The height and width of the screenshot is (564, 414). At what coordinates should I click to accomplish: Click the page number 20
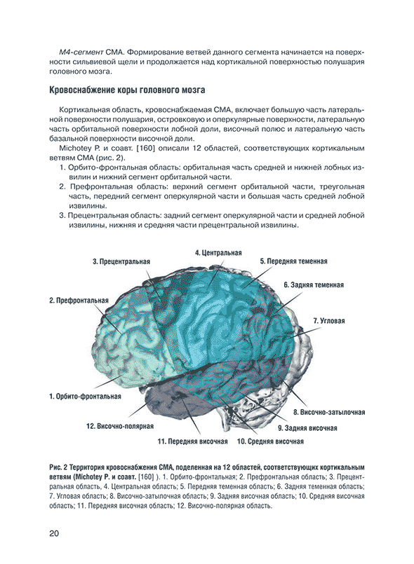pyautogui.click(x=54, y=535)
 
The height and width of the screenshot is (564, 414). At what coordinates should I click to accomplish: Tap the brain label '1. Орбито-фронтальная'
pyautogui.click(x=85, y=396)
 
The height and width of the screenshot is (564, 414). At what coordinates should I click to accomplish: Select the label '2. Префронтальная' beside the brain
pyautogui.click(x=79, y=301)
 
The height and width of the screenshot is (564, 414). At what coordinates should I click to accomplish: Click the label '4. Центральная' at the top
pyautogui.click(x=218, y=252)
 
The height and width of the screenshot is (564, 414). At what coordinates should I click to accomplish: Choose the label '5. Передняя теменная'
pyautogui.click(x=293, y=261)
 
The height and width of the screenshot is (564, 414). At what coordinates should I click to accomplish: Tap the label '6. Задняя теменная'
pyautogui.click(x=314, y=285)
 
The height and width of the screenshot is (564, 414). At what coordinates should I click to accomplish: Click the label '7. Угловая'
pyautogui.click(x=329, y=321)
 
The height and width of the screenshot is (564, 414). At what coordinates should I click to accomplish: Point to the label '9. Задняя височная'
pyautogui.click(x=307, y=428)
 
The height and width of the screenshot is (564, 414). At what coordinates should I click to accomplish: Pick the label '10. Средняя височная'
pyautogui.click(x=270, y=442)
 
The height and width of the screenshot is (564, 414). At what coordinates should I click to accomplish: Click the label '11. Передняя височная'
pyautogui.click(x=193, y=442)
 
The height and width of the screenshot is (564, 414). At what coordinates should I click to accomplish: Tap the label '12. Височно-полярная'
pyautogui.click(x=120, y=425)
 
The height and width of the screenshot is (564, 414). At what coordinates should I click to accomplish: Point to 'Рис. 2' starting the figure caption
pyautogui.click(x=60, y=467)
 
